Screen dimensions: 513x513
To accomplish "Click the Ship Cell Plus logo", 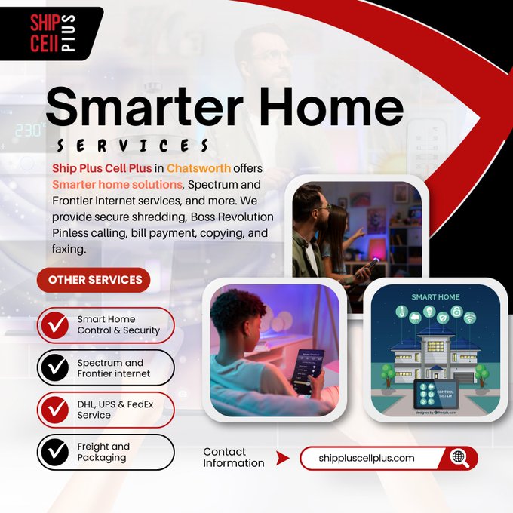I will [x=51, y=33].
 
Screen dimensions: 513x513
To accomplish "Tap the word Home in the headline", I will [x=336, y=107].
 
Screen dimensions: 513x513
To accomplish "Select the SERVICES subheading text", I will [x=133, y=144].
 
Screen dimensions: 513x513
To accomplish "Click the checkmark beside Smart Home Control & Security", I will [x=54, y=325].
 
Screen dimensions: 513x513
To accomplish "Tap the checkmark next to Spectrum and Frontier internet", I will [x=54, y=367].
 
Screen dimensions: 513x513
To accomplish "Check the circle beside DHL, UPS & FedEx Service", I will [x=54, y=410].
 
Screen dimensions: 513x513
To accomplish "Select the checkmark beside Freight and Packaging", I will [x=54, y=452].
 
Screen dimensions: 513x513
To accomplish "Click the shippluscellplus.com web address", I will [x=367, y=458].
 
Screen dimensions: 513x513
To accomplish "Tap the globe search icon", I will [x=459, y=457].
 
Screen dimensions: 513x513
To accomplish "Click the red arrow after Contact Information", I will [x=282, y=458].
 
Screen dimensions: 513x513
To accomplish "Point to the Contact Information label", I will [x=234, y=457].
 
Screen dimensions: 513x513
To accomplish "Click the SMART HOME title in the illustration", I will [x=435, y=297].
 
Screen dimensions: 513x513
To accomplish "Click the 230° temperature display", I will [x=29, y=131].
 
